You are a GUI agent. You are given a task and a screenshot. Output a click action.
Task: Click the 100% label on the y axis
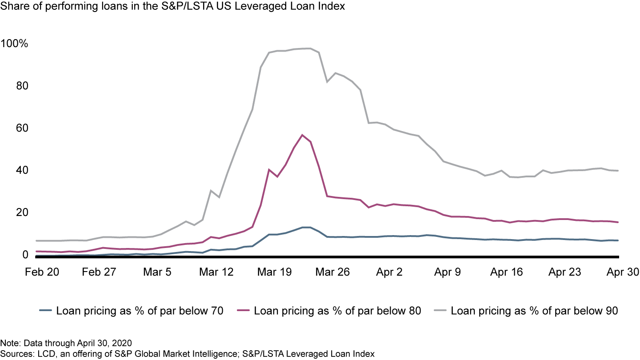click(x=15, y=44)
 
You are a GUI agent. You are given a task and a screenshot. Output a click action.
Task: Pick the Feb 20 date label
click(x=41, y=272)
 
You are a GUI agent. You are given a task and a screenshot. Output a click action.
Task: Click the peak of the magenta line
click(x=302, y=135)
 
